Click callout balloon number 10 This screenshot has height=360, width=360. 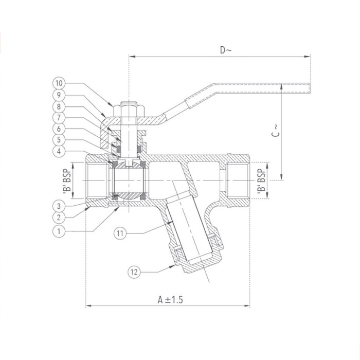(59, 83)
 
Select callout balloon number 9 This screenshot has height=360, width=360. (59, 95)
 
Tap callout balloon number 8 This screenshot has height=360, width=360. (59, 106)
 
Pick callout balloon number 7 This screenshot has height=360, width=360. (59, 118)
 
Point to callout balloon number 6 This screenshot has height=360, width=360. (59, 129)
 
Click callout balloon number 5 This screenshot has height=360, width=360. (59, 140)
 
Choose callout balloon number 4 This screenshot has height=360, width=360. (59, 151)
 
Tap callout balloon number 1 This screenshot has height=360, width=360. (59, 231)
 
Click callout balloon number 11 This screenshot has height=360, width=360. (120, 233)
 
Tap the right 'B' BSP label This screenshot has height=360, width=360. (261, 181)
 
